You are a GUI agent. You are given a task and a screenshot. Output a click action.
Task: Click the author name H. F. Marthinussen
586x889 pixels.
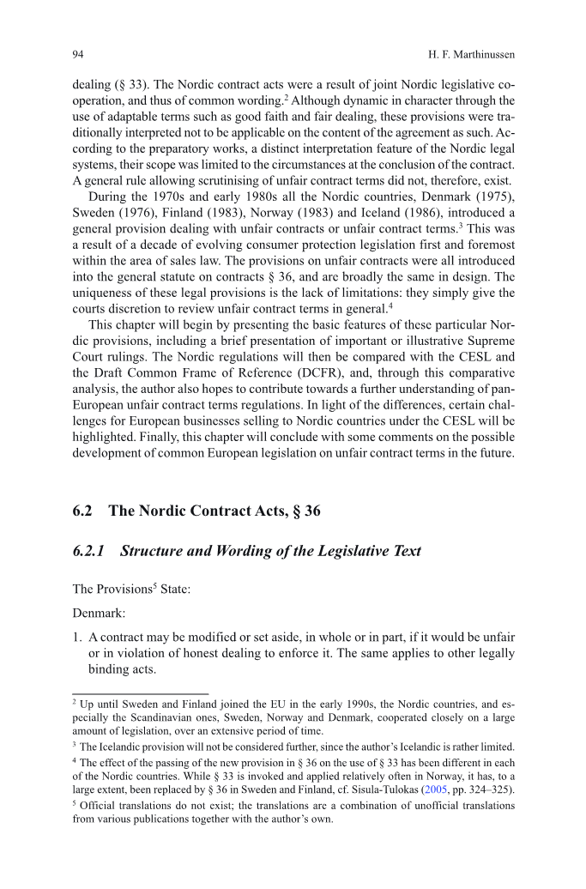471,54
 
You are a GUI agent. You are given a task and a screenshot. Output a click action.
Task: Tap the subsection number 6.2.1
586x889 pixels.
89,551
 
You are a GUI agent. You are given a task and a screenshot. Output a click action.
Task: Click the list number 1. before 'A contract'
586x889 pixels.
78,638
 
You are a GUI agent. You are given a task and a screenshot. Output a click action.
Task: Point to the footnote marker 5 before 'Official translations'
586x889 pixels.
75,805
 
